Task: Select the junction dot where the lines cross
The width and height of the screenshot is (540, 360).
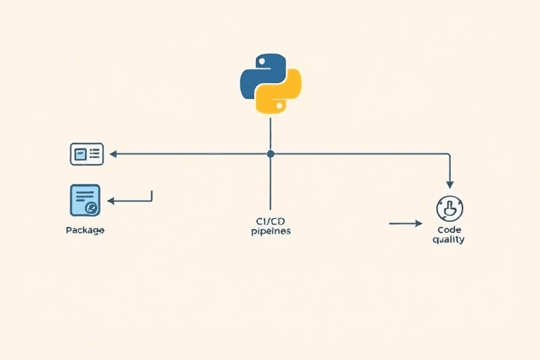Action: point(270,153)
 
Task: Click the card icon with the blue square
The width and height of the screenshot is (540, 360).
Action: point(86,153)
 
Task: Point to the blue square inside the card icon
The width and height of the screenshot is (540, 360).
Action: point(80,154)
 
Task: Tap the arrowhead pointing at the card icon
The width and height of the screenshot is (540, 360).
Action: point(112,153)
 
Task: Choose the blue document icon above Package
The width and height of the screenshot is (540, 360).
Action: point(86,200)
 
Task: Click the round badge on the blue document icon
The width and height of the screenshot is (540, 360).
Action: point(91,208)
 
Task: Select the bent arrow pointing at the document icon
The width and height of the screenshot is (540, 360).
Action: point(130,200)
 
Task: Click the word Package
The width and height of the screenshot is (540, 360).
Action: point(85,230)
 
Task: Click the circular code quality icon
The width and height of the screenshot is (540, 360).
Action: point(449,209)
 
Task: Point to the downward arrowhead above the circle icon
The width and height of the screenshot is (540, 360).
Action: point(450,184)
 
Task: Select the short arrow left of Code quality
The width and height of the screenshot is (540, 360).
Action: point(405,224)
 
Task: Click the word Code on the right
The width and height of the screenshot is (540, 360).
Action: point(449,229)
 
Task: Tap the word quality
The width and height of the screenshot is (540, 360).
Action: point(449,240)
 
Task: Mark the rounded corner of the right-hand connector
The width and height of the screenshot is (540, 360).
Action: point(448,155)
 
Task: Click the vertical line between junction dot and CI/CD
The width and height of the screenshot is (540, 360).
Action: point(270,183)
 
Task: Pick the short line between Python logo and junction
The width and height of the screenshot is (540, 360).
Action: point(270,134)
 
